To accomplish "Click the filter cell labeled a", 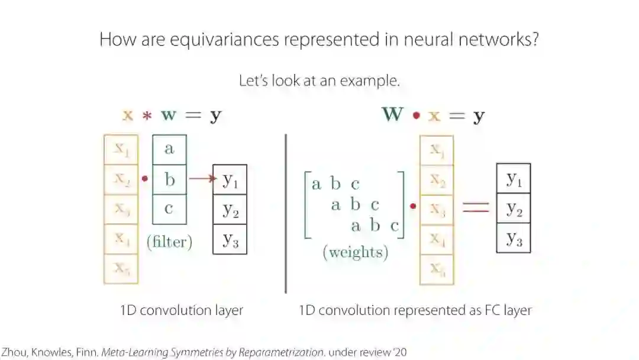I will click(x=169, y=149).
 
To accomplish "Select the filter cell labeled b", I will click(x=169, y=179).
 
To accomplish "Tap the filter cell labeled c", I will click(x=169, y=209).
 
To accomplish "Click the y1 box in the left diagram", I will click(x=230, y=180).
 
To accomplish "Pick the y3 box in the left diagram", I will click(x=230, y=239).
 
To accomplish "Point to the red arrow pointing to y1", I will click(x=201, y=179).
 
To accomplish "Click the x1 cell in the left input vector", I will click(x=121, y=150).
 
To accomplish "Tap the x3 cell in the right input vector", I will click(x=437, y=210).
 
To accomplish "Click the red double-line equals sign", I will click(x=475, y=207).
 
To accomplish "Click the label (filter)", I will click(x=169, y=242).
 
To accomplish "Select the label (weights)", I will click(x=355, y=253).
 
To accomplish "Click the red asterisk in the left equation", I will click(x=146, y=115).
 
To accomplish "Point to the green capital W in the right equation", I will click(x=393, y=114).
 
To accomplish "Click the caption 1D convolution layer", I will click(x=181, y=310).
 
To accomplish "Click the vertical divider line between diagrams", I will click(x=286, y=213).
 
